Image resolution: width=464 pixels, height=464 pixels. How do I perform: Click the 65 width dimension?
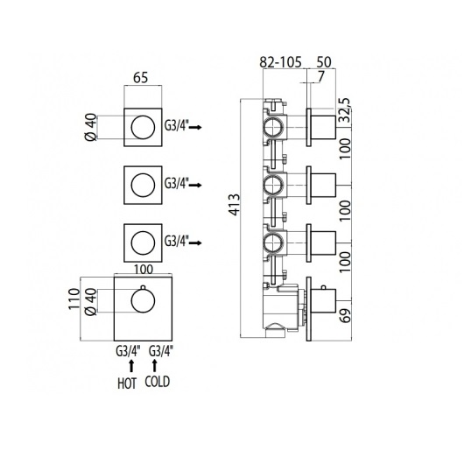point(140,78)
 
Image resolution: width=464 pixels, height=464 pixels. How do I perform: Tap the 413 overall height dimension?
point(235,205)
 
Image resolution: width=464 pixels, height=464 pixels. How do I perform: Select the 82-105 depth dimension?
point(280,62)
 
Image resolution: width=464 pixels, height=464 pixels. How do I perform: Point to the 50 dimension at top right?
point(324,62)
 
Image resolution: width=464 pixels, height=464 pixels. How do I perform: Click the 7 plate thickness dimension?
point(320,76)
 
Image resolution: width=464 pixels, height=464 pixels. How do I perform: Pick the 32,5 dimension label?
point(345,109)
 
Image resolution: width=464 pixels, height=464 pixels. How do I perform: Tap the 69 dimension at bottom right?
point(345,315)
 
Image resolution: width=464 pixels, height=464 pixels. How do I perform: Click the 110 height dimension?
point(74,299)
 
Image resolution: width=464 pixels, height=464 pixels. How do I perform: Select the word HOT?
point(127,383)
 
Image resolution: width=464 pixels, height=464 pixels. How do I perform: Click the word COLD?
point(158,382)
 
